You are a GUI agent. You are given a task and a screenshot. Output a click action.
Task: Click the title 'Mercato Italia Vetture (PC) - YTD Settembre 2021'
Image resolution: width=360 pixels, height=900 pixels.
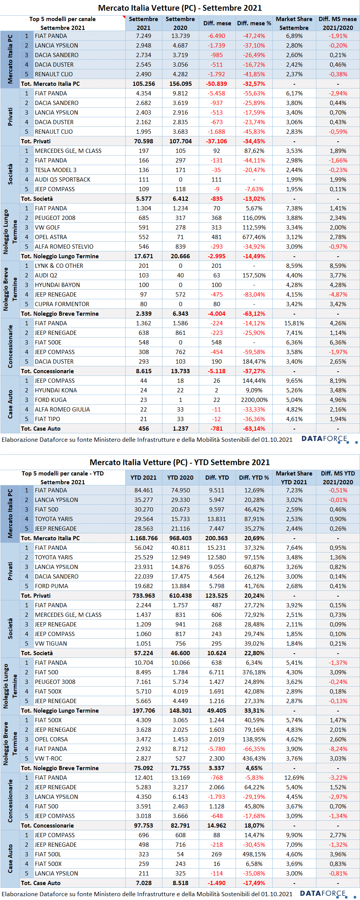[x=180, y=462]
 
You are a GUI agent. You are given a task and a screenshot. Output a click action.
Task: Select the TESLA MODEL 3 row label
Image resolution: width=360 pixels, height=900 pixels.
[x=56, y=170]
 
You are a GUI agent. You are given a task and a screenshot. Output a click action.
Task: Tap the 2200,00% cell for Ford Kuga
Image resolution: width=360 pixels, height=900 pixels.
[x=255, y=400]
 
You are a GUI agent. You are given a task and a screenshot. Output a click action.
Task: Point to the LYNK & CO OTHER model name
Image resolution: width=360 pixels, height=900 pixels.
[x=59, y=266]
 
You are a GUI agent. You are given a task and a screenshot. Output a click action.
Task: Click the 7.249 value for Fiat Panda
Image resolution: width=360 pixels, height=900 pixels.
[x=144, y=36]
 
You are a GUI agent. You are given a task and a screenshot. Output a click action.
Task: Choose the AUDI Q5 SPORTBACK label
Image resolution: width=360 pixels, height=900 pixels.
[x=63, y=179]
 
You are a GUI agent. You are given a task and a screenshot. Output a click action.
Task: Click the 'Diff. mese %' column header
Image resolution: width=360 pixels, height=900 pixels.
[x=254, y=23]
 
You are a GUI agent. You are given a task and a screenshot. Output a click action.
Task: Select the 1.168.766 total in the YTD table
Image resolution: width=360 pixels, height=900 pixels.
[x=144, y=538]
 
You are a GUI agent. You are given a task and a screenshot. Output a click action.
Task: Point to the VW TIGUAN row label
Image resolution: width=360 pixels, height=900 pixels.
[x=51, y=643]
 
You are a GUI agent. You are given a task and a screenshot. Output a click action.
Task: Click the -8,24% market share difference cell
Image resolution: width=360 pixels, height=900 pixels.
[x=338, y=749]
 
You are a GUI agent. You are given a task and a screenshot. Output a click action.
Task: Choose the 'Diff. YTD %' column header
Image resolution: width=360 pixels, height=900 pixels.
[x=254, y=477]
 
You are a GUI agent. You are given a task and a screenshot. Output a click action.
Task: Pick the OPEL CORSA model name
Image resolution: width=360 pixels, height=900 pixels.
[x=51, y=739]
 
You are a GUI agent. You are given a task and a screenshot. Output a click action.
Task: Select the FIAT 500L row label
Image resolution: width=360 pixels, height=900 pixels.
[x=48, y=854]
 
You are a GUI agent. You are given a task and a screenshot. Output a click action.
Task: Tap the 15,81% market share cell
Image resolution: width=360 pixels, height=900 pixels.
[x=294, y=323]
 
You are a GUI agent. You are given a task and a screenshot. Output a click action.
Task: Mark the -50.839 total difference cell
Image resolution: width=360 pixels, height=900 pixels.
[x=217, y=84]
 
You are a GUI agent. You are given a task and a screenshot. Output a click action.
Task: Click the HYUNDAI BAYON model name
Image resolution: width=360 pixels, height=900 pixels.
[x=57, y=285]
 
